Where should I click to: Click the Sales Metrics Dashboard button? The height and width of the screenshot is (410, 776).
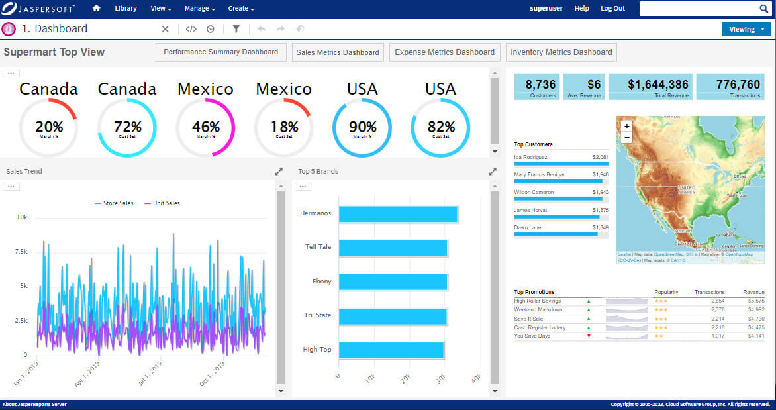[x=338, y=52]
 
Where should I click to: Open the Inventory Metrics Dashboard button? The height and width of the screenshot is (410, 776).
[x=561, y=52]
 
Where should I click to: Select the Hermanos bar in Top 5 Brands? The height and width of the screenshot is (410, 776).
[x=398, y=214]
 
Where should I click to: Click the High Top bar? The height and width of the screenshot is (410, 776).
[x=391, y=350]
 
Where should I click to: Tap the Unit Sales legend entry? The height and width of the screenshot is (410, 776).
[x=162, y=203]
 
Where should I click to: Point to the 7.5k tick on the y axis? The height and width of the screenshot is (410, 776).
[x=21, y=252]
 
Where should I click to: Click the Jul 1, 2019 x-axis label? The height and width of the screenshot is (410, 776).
[x=150, y=374]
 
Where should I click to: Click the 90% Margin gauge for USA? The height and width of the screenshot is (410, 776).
[x=362, y=127]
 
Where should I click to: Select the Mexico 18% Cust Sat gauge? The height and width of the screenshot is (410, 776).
[x=283, y=127]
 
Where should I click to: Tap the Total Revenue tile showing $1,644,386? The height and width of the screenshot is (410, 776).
[x=650, y=87]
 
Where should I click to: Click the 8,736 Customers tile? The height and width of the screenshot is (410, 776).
[x=537, y=87]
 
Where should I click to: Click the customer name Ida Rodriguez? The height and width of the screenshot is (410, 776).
[x=531, y=157]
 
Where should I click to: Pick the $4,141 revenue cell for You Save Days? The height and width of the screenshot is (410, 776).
[x=755, y=336]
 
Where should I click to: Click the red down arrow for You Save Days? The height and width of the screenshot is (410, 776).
[x=588, y=336]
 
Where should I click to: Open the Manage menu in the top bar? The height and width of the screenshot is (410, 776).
[x=199, y=9]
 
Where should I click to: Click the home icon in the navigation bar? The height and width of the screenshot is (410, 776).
[x=97, y=9]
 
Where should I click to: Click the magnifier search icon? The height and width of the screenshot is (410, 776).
[x=763, y=9]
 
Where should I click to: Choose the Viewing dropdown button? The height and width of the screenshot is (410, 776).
[x=746, y=29]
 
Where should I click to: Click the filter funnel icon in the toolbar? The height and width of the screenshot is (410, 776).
[x=236, y=29]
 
